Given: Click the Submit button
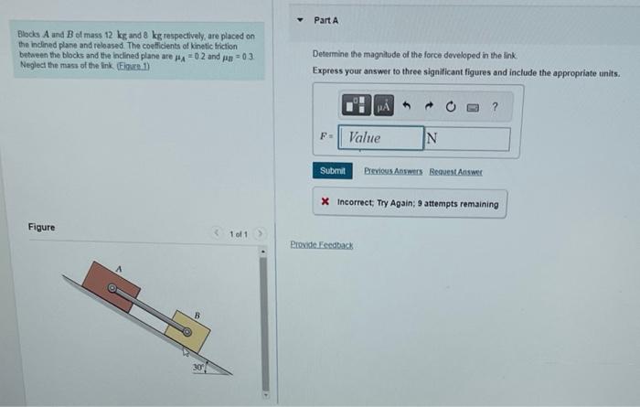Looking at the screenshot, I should [x=333, y=171].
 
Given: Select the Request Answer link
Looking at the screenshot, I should [x=455, y=171].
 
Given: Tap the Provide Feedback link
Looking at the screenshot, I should [x=321, y=245].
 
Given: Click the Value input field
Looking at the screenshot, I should [x=380, y=138].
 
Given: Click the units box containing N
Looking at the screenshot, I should [x=466, y=138].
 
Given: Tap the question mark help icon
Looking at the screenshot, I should [x=495, y=107].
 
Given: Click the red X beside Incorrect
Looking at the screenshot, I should [x=325, y=204].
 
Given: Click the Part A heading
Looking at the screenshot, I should [x=326, y=19].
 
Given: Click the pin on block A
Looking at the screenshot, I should [x=112, y=288].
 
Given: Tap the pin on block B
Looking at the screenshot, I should [x=186, y=331].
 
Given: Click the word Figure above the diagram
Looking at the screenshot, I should [x=41, y=227].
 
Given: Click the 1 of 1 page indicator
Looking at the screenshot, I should [x=238, y=233].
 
